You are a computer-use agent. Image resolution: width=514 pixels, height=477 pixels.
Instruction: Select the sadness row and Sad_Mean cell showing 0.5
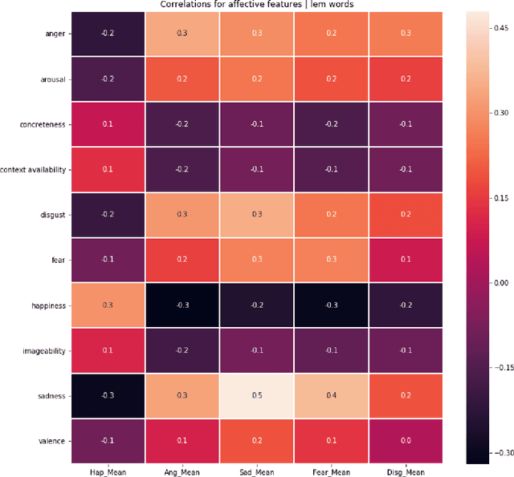tap(256, 395)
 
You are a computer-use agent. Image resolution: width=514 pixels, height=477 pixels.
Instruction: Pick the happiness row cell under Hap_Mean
tap(108, 305)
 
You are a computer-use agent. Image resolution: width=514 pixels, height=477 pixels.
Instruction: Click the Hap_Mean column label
tap(108, 471)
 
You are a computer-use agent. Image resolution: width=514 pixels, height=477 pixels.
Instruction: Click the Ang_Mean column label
tap(182, 471)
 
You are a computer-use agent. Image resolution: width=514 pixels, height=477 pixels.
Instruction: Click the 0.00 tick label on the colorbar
tap(501, 282)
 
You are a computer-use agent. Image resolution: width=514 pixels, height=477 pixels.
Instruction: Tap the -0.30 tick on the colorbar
tap(500, 453)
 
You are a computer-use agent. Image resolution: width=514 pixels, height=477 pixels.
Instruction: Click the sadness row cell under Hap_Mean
tap(108, 395)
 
